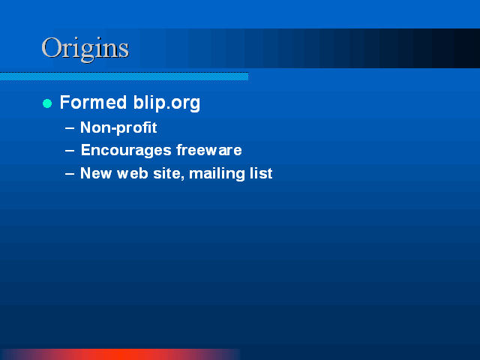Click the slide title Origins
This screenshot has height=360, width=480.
click(x=85, y=49)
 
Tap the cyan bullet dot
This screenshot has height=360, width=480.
click(x=47, y=103)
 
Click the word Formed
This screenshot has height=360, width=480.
click(x=93, y=102)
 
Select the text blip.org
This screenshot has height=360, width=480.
click(x=166, y=103)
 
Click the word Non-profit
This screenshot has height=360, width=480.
click(x=118, y=128)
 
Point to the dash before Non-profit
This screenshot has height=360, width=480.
click(x=70, y=128)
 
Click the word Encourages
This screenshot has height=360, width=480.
click(x=126, y=151)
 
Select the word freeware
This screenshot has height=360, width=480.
click(x=209, y=150)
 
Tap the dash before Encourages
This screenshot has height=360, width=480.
click(x=70, y=151)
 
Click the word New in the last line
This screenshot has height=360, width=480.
click(x=96, y=173)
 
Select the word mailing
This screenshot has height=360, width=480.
click(x=217, y=174)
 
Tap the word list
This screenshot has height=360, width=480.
click(x=261, y=173)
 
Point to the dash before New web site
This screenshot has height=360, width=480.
click(x=70, y=174)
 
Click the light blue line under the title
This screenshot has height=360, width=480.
click(x=124, y=76)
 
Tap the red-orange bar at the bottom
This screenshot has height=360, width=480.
click(x=121, y=355)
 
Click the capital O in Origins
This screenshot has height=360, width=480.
click(x=52, y=47)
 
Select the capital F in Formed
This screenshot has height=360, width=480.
click(x=65, y=102)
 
